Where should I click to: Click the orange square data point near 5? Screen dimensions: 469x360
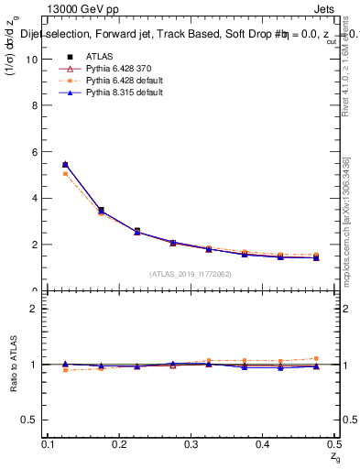(65, 173)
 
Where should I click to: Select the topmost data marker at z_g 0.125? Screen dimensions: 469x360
(65, 164)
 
